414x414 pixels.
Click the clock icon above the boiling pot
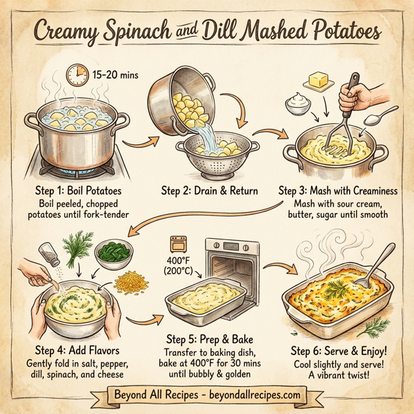pyautogui.click(x=75, y=73)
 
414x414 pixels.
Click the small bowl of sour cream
pyautogui.click(x=299, y=106)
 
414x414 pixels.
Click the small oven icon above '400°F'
pyautogui.click(x=179, y=244)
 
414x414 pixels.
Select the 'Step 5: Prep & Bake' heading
pyautogui.click(x=208, y=339)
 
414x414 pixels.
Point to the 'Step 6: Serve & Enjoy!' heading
pyautogui.click(x=342, y=351)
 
